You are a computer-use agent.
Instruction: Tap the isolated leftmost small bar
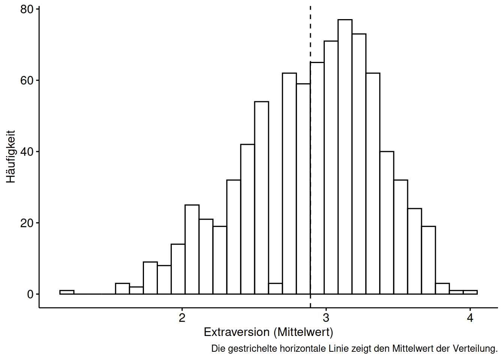click(67, 292)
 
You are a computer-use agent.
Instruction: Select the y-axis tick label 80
click(27, 9)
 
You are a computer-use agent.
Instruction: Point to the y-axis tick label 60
click(27, 81)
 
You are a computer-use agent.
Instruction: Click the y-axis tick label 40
click(27, 152)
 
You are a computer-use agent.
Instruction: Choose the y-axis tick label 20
click(27, 223)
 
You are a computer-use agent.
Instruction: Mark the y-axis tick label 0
click(30, 294)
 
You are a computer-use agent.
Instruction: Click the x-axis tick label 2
click(182, 318)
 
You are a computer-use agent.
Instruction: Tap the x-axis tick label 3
click(326, 318)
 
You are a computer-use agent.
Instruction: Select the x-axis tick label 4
click(470, 318)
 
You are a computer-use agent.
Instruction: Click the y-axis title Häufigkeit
click(10, 157)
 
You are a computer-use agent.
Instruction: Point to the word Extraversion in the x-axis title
click(237, 332)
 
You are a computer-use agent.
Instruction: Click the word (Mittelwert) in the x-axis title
click(303, 332)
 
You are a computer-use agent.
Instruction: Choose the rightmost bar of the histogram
click(470, 292)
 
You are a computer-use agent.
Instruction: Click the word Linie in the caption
click(339, 349)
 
